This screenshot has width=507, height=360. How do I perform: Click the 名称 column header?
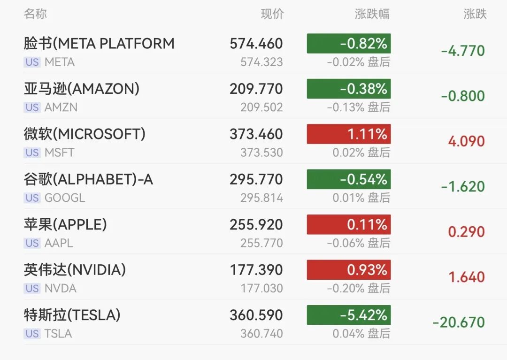[35, 14]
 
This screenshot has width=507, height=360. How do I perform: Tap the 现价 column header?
[272, 14]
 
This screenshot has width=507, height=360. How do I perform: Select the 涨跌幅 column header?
[372, 14]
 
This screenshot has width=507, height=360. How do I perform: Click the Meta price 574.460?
[256, 44]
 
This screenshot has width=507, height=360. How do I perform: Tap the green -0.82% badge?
[349, 44]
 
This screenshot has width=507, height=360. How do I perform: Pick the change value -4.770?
[463, 51]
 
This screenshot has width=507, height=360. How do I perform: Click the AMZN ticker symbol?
[61, 107]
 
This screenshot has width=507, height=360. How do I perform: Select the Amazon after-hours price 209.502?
[261, 107]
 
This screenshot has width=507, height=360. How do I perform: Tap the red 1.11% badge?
[349, 134]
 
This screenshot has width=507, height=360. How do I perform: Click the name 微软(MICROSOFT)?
[84, 134]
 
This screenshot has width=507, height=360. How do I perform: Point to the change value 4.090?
[466, 141]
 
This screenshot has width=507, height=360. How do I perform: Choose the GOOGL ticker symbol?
[65, 198]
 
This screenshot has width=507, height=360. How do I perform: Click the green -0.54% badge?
[349, 179]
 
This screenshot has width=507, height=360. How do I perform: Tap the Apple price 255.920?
[256, 225]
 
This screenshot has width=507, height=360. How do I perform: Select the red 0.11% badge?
[349, 225]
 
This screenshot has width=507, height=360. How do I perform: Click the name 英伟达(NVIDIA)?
[75, 270]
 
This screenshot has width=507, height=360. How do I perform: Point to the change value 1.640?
[466, 277]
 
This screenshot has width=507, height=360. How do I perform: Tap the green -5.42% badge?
[349, 315]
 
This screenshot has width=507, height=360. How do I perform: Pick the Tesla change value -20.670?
[459, 322]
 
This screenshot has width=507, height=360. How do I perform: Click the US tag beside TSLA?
[32, 334]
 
